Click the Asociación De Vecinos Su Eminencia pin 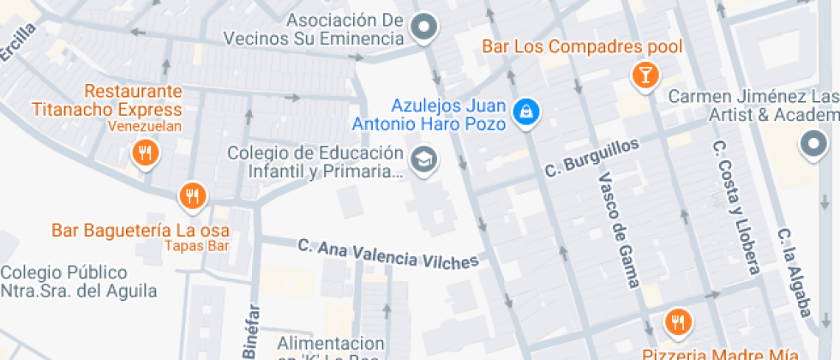pyautogui.click(x=423, y=27)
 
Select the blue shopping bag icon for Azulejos pyautogui.click(x=524, y=111)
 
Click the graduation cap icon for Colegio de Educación pyautogui.click(x=423, y=159)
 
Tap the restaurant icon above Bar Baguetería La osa pyautogui.click(x=193, y=196)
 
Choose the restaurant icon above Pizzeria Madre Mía pyautogui.click(x=679, y=322)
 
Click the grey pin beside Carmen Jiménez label pyautogui.click(x=812, y=145)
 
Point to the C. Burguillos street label pyautogui.click(x=592, y=159)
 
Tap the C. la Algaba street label pyautogui.click(x=795, y=272)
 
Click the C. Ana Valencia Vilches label pyautogui.click(x=388, y=254)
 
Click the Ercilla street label pyautogui.click(x=19, y=41)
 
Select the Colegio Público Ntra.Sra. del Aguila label pyautogui.click(x=78, y=282)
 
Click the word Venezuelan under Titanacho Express pyautogui.click(x=145, y=127)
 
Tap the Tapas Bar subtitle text pyautogui.click(x=196, y=247)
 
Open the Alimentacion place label pyautogui.click(x=330, y=343)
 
